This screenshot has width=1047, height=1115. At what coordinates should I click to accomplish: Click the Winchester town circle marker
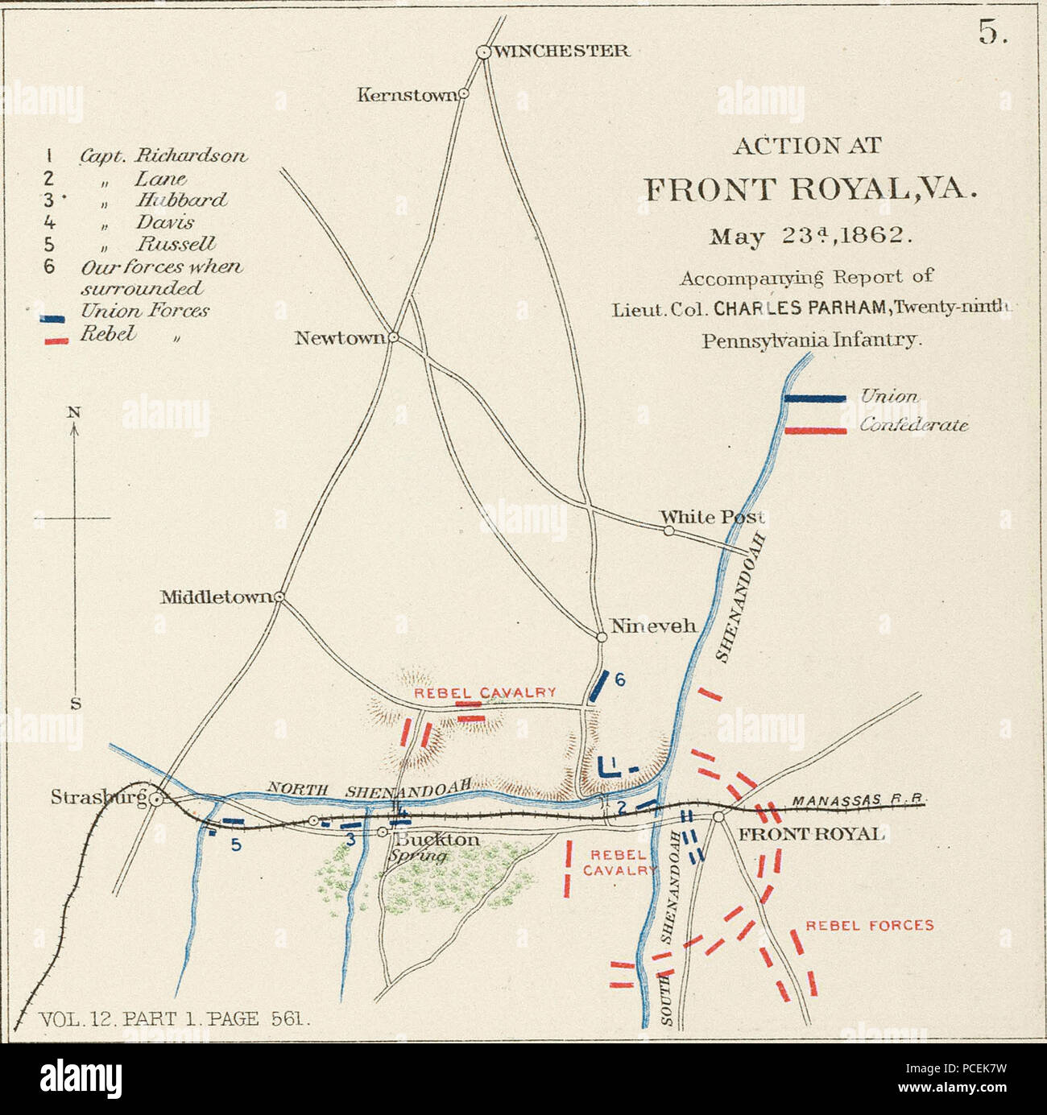click(483, 52)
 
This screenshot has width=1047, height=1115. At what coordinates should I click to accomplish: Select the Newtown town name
click(340, 337)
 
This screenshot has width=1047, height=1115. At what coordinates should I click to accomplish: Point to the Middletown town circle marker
click(279, 597)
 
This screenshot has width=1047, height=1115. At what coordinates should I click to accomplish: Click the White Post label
click(711, 516)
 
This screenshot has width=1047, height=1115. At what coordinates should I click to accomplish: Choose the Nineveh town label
click(652, 626)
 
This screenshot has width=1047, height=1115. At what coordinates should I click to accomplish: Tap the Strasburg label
click(98, 798)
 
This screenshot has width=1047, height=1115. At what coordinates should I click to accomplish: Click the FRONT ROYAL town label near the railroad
click(811, 833)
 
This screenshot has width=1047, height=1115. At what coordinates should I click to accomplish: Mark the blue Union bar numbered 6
click(598, 687)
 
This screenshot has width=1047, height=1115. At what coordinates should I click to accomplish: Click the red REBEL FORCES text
click(870, 925)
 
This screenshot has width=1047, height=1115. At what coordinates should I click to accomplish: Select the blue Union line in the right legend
click(815, 398)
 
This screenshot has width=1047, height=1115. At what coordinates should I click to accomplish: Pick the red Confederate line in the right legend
click(815, 431)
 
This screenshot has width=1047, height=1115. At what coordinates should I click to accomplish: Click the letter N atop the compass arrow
click(74, 411)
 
